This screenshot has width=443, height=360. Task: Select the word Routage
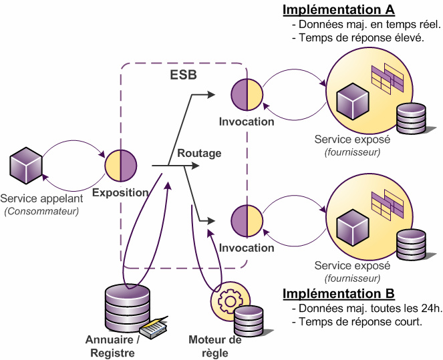199,154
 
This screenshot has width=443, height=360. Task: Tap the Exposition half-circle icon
121,166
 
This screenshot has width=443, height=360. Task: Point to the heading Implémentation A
338,10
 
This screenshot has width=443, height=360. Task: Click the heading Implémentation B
338,294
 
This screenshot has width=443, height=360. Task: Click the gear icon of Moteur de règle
228,301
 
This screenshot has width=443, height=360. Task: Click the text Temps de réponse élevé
358,38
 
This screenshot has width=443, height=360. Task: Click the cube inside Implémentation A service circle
352,102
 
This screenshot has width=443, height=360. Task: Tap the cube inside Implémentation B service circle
352,228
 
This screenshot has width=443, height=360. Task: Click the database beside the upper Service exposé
410,119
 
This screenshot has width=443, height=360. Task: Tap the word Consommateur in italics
41,212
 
